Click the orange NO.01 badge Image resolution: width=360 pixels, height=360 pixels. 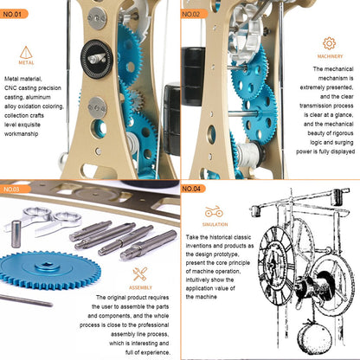(16, 14)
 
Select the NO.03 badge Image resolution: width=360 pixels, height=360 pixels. (16, 189)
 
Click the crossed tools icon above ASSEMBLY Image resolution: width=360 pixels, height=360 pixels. (141, 274)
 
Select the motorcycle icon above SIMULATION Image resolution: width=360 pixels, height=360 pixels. (214, 212)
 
